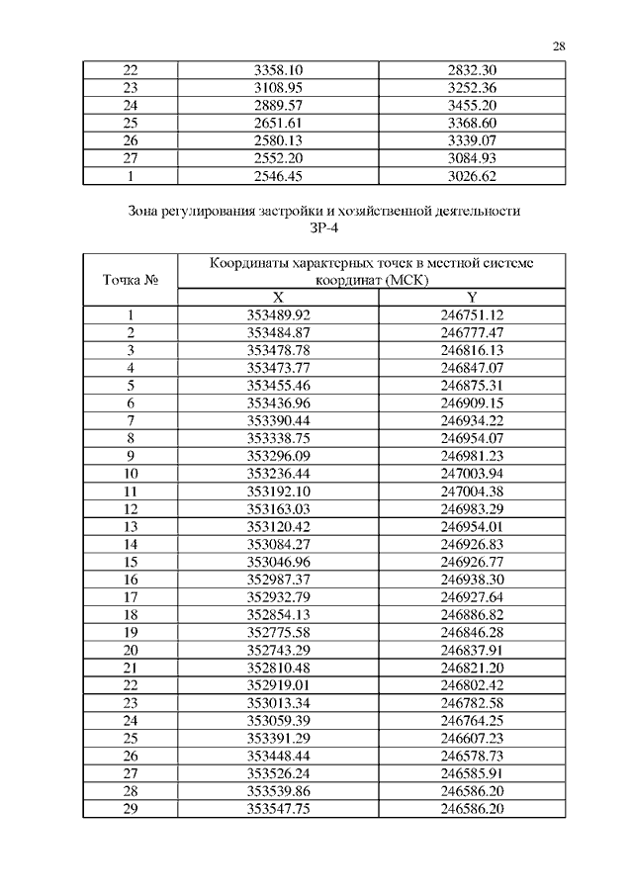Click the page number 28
(x=559, y=45)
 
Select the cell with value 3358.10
(x=278, y=69)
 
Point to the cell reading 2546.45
(x=278, y=177)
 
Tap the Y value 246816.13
(x=472, y=351)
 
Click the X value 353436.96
(x=278, y=403)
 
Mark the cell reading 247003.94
(x=472, y=474)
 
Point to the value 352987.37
(x=278, y=579)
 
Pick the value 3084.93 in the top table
(x=472, y=159)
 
